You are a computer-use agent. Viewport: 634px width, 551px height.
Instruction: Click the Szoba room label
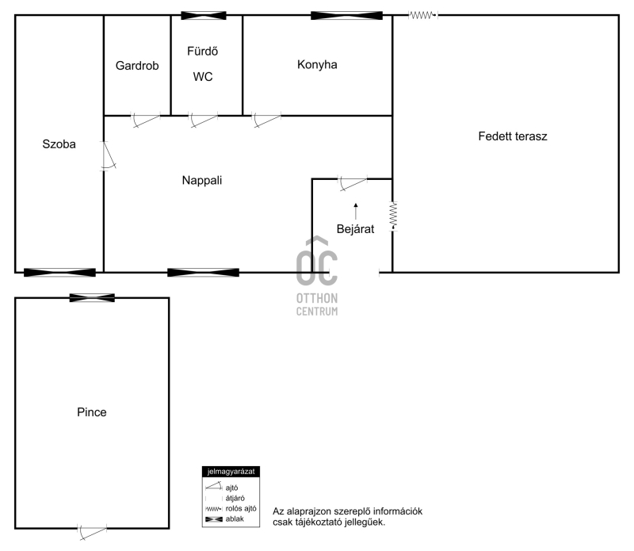pyautogui.click(x=59, y=144)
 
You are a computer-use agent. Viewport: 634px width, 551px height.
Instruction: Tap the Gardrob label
pyautogui.click(x=137, y=66)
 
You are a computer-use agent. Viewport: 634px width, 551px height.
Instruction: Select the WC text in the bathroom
pyautogui.click(x=203, y=76)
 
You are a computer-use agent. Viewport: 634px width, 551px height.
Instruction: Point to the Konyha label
pyautogui.click(x=317, y=65)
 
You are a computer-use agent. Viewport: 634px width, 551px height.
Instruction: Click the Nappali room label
pyautogui.click(x=202, y=181)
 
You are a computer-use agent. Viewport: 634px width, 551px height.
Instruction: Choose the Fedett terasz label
pyautogui.click(x=513, y=136)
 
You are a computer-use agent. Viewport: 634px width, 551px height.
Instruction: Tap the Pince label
pyautogui.click(x=92, y=412)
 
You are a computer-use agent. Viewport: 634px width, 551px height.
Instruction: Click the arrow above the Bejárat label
pyautogui.click(x=356, y=211)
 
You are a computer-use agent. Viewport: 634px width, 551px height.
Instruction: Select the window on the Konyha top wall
pyautogui.click(x=346, y=16)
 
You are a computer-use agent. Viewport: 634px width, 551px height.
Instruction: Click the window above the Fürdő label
pyautogui.click(x=204, y=16)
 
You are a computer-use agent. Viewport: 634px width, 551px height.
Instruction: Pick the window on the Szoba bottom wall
pyautogui.click(x=60, y=273)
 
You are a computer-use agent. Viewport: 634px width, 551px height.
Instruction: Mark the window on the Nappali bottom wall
pyautogui.click(x=204, y=273)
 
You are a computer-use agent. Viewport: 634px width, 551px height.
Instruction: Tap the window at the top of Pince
pyautogui.click(x=92, y=298)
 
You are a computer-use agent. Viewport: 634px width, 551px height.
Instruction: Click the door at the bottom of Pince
pyautogui.click(x=92, y=533)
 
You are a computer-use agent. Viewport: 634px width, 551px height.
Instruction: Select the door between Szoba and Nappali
pyautogui.click(x=108, y=155)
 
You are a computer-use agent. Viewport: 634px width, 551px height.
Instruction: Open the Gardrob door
pyautogui.click(x=146, y=120)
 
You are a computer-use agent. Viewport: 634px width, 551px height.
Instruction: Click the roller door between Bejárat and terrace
pyautogui.click(x=393, y=216)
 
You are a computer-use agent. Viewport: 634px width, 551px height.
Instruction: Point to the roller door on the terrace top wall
pyautogui.click(x=423, y=15)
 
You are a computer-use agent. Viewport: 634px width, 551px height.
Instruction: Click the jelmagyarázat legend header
pyautogui.click(x=231, y=472)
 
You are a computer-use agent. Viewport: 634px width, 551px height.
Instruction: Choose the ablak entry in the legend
pyautogui.click(x=225, y=519)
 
